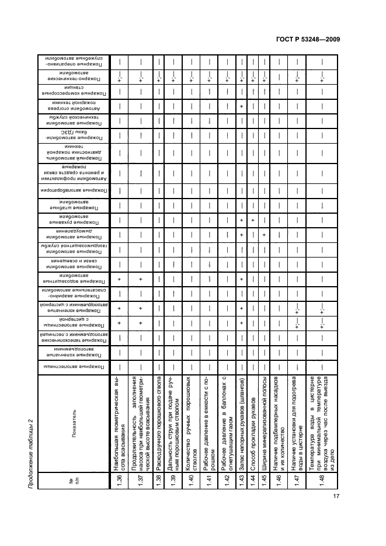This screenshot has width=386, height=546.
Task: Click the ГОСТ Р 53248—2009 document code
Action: click(309, 39)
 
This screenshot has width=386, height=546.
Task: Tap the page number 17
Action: click(336, 513)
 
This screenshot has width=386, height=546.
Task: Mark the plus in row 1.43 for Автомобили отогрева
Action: click(241, 106)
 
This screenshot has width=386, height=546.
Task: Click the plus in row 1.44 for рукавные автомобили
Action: click(253, 221)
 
